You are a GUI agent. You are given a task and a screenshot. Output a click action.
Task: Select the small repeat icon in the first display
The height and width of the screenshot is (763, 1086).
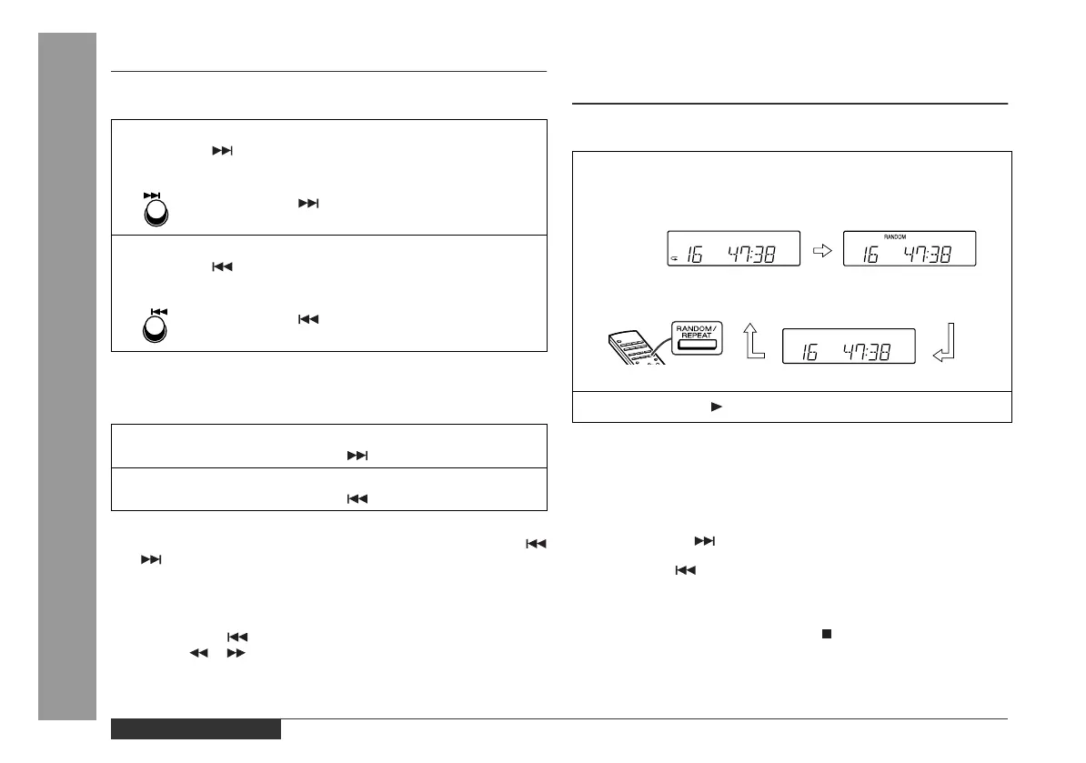(x=674, y=259)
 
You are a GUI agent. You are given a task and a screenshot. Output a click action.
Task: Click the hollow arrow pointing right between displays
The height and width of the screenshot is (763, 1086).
(x=822, y=250)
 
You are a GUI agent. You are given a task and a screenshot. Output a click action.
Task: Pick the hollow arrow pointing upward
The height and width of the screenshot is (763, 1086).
(x=751, y=345)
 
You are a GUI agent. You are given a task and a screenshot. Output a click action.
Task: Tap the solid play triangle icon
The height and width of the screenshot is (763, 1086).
(x=716, y=407)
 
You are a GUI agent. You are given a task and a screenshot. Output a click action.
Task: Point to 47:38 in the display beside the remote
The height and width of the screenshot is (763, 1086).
(x=864, y=351)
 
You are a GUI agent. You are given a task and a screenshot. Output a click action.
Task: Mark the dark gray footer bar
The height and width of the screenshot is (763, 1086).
(x=196, y=729)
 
